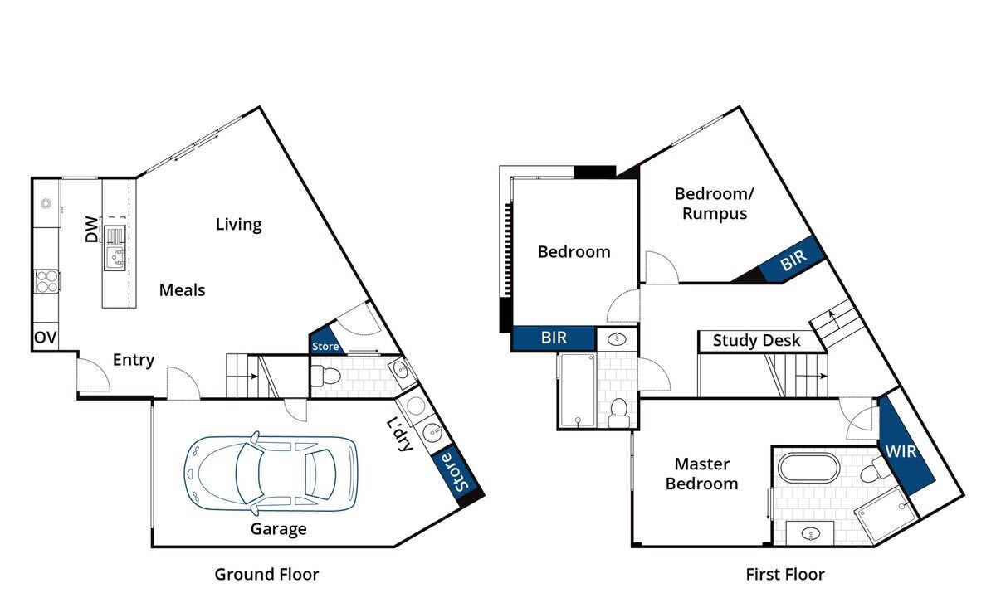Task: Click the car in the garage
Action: coord(271,473)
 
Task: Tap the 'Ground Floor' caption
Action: coord(266,575)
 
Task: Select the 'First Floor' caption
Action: coord(785,575)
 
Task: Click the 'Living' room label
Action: coord(239,224)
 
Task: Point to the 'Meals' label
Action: coord(183,290)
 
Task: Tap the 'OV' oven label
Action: coord(46,338)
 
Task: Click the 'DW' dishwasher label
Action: coord(91,229)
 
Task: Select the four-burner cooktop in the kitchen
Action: coord(46,281)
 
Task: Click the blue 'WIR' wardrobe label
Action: coord(901,451)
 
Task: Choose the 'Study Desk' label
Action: coord(756,341)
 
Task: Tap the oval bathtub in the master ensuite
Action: coord(808,467)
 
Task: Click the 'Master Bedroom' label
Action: coord(702,474)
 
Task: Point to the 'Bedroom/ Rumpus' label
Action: coord(715,203)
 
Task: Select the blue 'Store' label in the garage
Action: coord(456,472)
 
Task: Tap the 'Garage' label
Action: coord(278,529)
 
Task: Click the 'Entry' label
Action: coord(134,360)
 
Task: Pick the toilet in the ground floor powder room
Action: coord(325,376)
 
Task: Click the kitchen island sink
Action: coord(115,258)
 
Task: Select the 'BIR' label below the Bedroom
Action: coord(554,338)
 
